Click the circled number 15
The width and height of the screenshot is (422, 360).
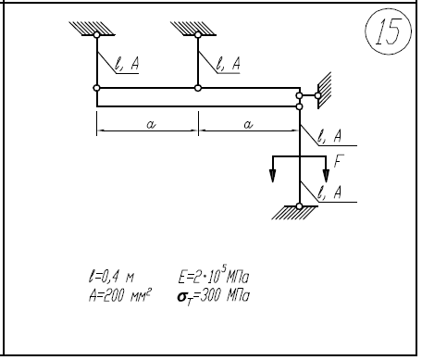[388, 31]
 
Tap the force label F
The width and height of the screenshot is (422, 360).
[339, 161]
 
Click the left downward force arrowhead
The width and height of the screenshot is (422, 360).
[273, 176]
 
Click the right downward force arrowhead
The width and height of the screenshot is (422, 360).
[326, 176]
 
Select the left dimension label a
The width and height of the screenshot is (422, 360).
[151, 124]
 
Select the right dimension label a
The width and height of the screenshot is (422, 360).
[248, 124]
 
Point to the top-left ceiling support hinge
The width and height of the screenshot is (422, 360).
[97, 35]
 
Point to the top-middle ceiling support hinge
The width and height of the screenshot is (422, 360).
[198, 35]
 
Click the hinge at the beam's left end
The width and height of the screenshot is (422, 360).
[96, 88]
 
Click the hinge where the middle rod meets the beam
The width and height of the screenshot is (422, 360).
[198, 88]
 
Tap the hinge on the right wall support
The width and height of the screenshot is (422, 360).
[317, 95]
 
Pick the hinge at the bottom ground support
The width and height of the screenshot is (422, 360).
[299, 206]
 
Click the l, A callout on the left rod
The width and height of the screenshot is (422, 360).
[127, 64]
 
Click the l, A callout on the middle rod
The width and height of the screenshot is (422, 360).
[228, 64]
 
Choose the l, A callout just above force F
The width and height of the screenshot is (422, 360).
[329, 136]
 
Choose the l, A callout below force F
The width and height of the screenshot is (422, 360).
[329, 192]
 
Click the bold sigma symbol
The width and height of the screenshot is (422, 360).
[181, 297]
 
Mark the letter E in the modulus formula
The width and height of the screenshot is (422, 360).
[182, 277]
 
